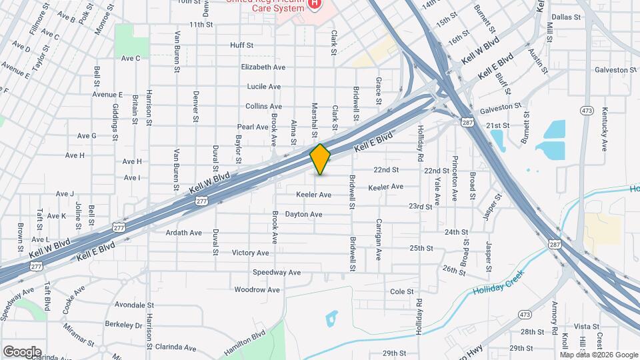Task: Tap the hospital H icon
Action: click(x=314, y=4)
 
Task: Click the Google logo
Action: click(x=21, y=352)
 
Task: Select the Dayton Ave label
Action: click(x=303, y=215)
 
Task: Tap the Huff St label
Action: click(x=241, y=45)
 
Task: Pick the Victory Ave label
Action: click(x=250, y=253)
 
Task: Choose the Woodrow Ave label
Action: click(x=251, y=290)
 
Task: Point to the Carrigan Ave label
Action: click(x=378, y=238)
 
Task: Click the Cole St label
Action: click(x=402, y=291)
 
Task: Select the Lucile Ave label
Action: click(x=263, y=87)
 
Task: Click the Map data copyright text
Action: click(x=598, y=354)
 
